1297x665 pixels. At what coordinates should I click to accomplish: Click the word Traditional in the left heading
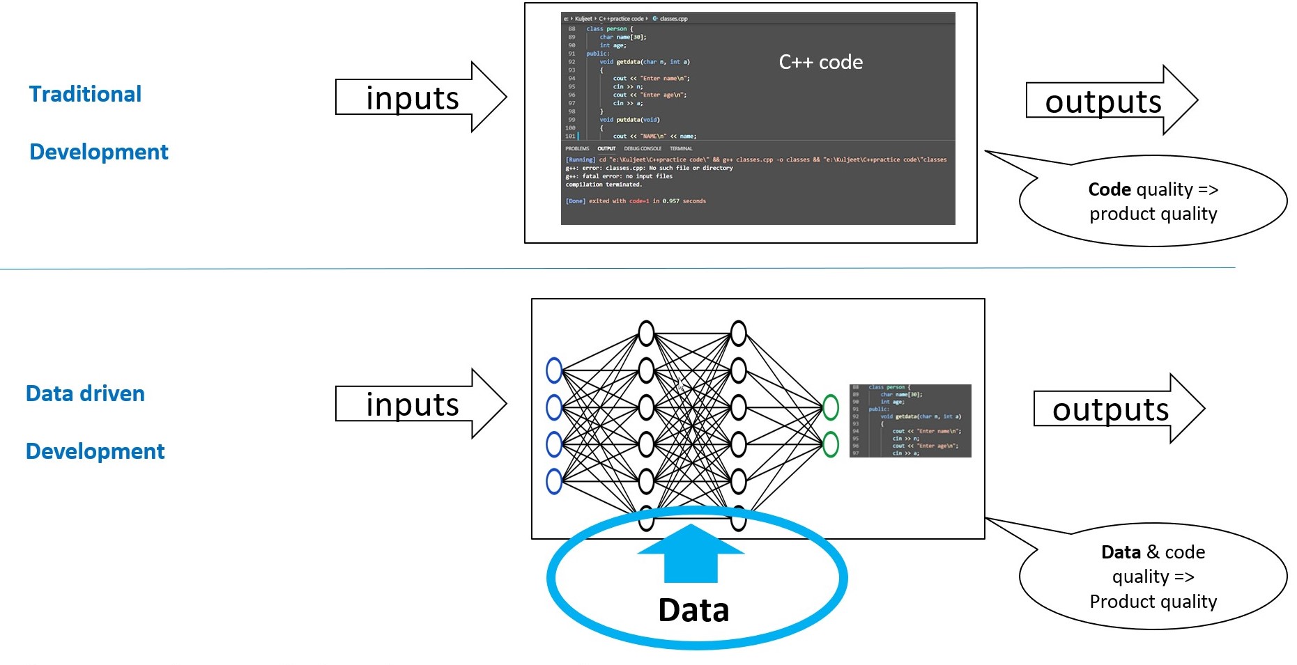[85, 94]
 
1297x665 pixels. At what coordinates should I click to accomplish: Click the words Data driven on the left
[85, 393]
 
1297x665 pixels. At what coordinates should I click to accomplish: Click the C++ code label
[820, 63]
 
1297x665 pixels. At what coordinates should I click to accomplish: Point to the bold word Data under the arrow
[693, 611]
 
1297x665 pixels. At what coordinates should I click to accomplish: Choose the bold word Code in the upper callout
[1109, 189]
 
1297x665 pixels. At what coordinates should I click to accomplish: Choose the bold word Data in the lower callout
[1121, 552]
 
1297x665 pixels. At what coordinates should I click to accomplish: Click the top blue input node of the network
[554, 370]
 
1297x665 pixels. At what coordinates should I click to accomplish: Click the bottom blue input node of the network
[554, 481]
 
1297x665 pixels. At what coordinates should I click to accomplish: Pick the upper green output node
[831, 407]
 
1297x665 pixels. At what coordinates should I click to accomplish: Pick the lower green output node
[831, 444]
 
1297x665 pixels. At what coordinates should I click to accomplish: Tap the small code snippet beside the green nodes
[910, 421]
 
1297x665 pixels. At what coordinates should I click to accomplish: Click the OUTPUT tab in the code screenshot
[606, 148]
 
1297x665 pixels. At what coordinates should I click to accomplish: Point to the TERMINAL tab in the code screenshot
[681, 148]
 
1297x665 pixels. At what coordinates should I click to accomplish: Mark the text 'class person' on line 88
[606, 29]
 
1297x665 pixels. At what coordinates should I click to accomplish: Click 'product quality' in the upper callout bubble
[1153, 214]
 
